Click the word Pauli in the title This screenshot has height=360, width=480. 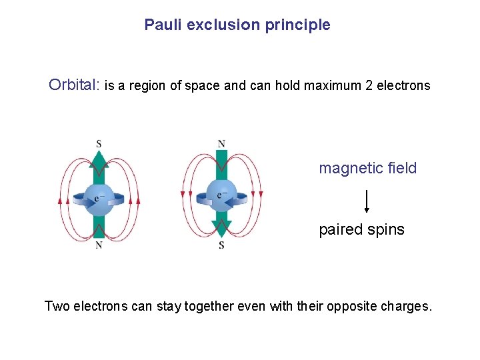pos(163,25)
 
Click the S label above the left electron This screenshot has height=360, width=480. pos(99,143)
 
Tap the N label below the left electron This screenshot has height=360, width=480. pos(99,245)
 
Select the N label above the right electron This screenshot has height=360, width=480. pos(221,143)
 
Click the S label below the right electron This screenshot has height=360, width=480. pos(221,245)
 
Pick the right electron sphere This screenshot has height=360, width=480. pos(221,197)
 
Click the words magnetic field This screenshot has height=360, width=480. pos(367,168)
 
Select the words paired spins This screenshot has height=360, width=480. pos(361,229)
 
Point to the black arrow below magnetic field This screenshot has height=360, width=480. pos(367,201)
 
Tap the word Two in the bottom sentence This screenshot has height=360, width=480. pos(57,307)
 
